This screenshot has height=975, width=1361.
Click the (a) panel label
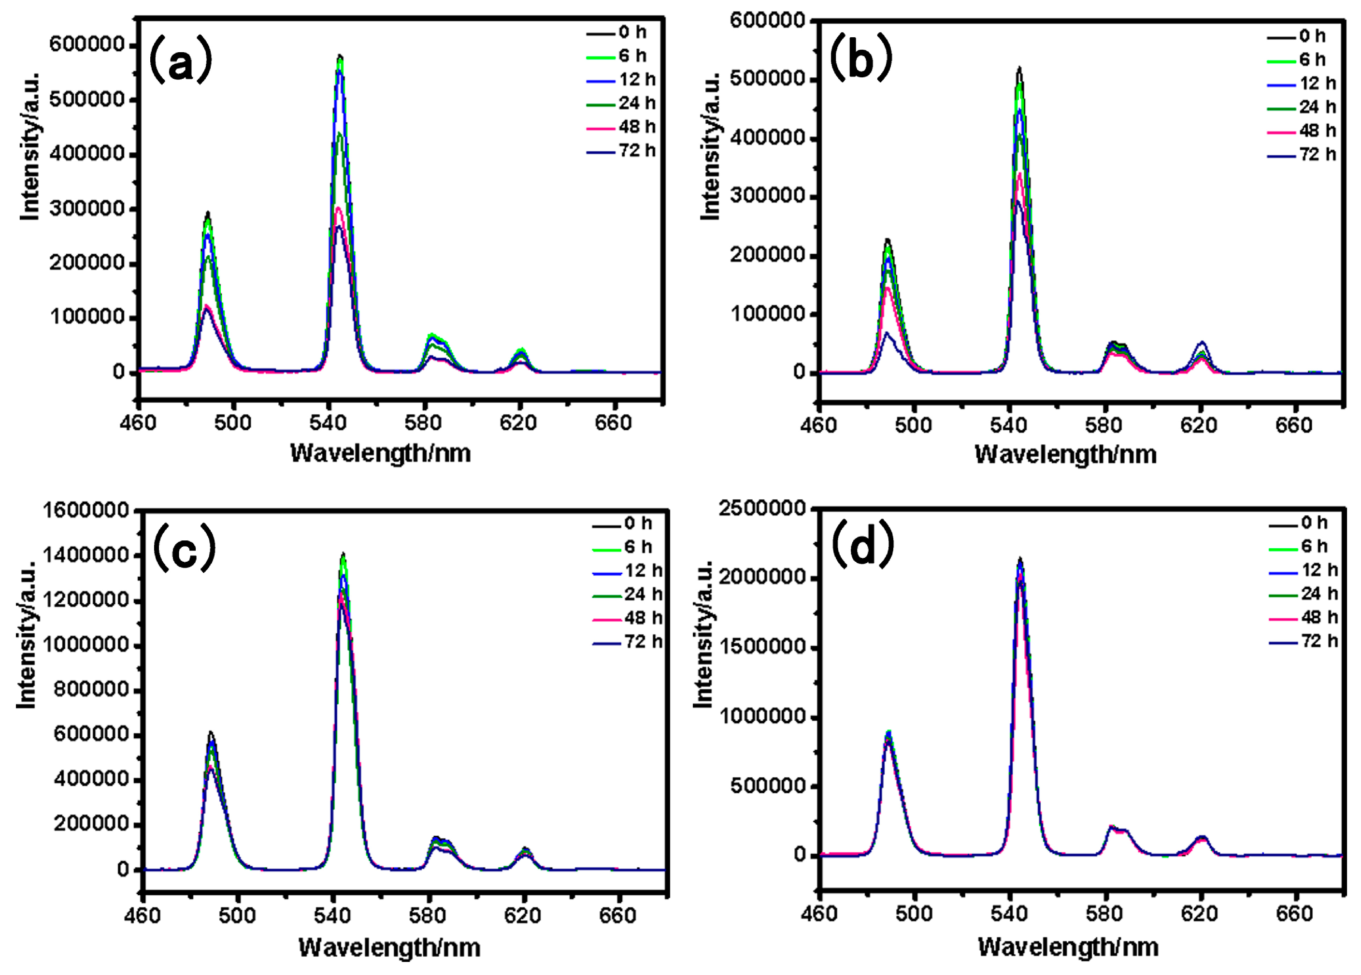(181, 59)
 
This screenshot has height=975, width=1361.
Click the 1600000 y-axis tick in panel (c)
(86, 511)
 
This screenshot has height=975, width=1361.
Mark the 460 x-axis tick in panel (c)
(143, 915)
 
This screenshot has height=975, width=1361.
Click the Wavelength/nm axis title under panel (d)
(1068, 947)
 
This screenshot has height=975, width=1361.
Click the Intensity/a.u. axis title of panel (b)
(711, 147)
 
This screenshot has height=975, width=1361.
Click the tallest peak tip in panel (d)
(1019, 558)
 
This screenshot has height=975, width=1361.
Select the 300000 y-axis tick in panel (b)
(768, 196)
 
